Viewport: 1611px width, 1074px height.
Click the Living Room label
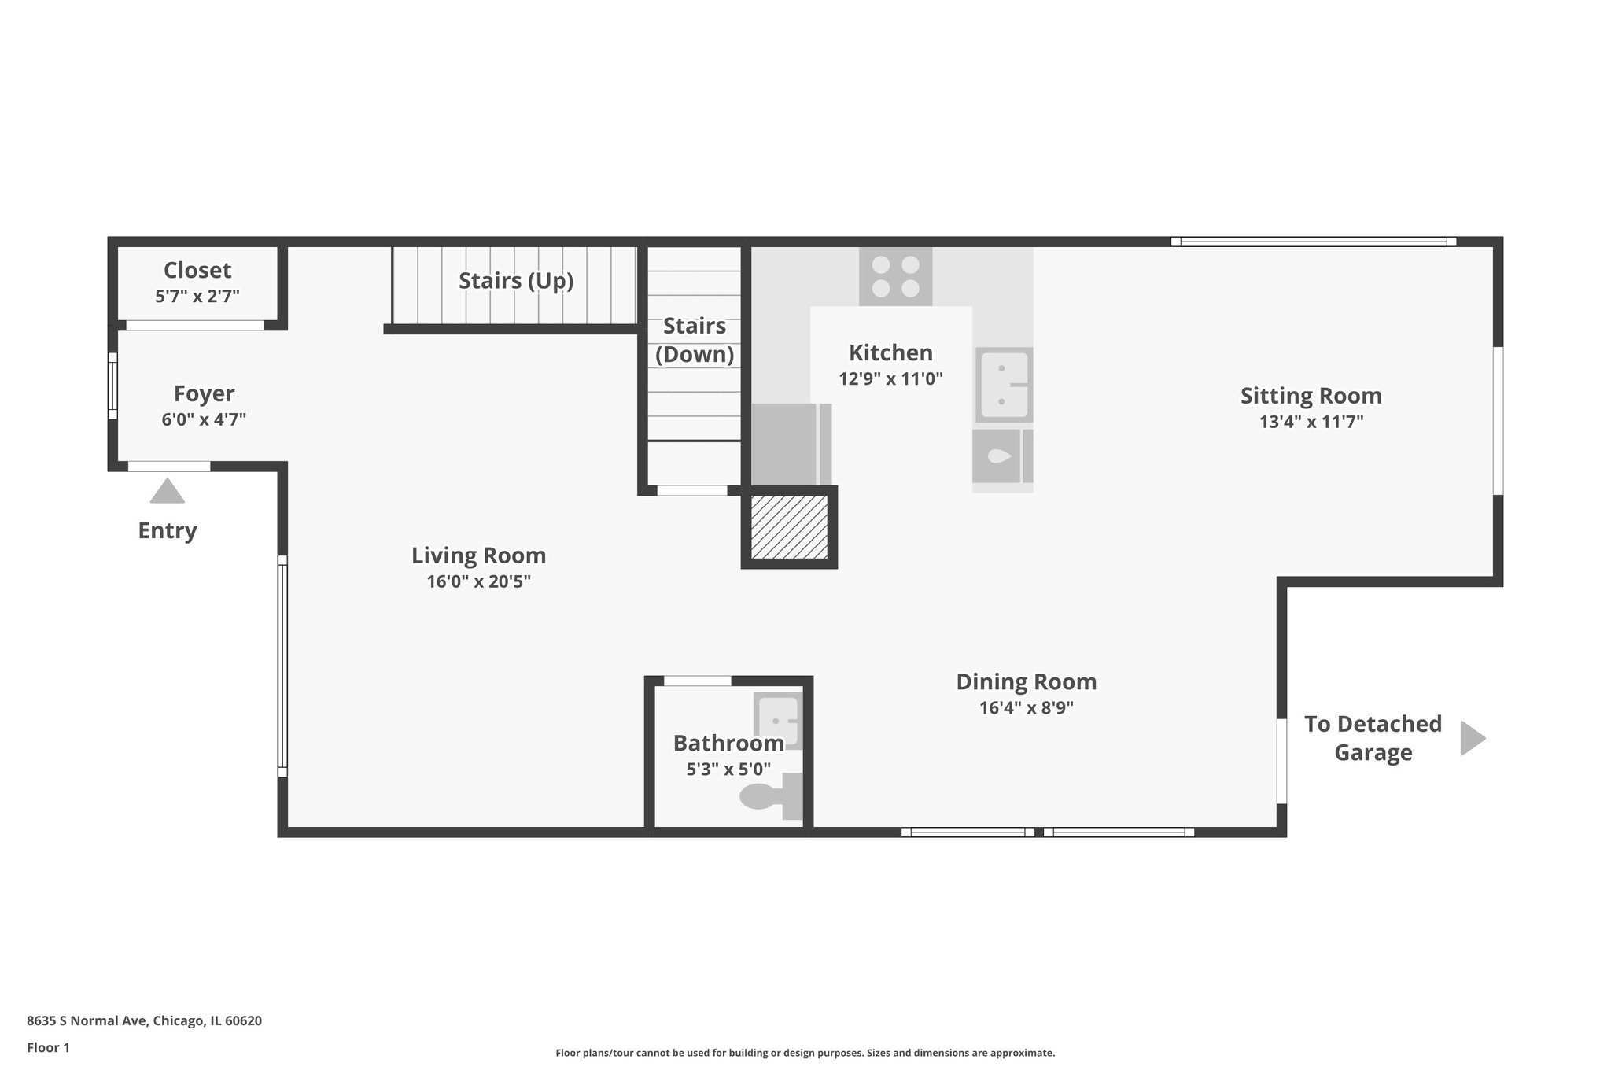[478, 555]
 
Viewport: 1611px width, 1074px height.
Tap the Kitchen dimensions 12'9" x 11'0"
[890, 378]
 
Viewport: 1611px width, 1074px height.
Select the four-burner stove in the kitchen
[895, 277]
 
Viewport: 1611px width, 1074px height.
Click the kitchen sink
[1003, 385]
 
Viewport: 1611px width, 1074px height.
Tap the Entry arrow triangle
[167, 492]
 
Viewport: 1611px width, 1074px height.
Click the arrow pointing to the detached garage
[1472, 738]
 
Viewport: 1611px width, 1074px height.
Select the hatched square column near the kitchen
[789, 528]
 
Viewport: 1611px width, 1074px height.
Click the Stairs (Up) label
[515, 281]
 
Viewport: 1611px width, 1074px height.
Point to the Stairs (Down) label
[694, 340]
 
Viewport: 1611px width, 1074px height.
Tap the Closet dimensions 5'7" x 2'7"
[197, 297]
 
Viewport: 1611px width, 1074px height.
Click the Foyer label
[204, 393]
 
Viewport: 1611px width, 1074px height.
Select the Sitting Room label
[1311, 396]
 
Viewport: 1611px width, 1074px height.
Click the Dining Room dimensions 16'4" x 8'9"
[1026, 707]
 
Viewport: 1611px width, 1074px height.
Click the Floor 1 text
[48, 1047]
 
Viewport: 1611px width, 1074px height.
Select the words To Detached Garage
[1373, 738]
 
